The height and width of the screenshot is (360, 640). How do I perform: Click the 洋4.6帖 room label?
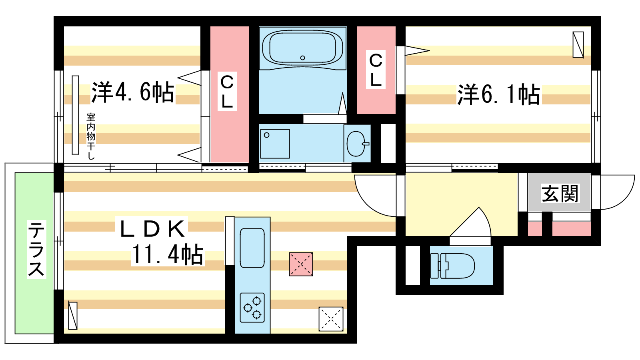point(132,92)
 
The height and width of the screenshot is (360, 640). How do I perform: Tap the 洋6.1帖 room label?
point(498,94)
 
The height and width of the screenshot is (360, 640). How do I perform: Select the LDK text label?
point(152,228)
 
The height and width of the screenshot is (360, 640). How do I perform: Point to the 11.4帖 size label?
point(168,254)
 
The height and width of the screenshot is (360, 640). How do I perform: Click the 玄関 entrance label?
point(560,194)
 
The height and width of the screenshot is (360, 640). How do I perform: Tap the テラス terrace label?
point(36,249)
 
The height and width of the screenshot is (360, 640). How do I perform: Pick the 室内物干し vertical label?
point(91,136)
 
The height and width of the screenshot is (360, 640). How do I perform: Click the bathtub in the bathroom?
point(302,48)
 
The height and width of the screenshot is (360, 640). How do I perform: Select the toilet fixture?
point(452,266)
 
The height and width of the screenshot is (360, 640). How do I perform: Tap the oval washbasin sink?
point(357,144)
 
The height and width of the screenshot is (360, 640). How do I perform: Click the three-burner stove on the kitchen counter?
point(252,308)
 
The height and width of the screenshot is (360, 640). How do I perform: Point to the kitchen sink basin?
point(252,248)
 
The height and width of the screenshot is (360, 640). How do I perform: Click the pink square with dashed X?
point(301,264)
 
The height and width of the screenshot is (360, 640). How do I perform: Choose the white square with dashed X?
point(331,319)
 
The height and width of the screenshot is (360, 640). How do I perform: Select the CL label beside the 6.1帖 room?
point(376,70)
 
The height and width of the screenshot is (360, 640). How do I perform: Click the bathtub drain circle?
point(302,58)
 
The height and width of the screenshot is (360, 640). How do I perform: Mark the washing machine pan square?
point(275,144)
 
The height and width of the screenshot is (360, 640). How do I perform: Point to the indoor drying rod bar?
point(76,115)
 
